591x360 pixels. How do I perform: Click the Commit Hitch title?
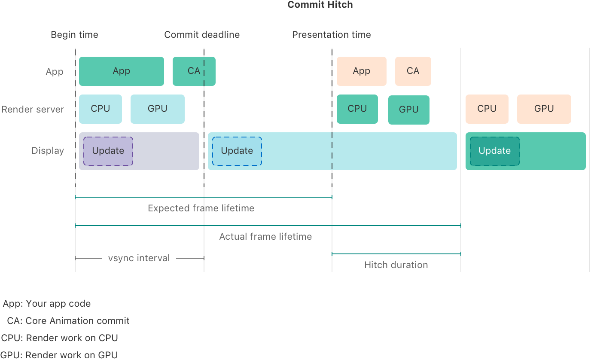(x=320, y=5)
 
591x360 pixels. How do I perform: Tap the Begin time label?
(x=74, y=35)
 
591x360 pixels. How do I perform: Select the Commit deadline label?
(x=202, y=35)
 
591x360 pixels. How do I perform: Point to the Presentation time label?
(x=331, y=35)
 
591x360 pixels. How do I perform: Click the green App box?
(x=121, y=71)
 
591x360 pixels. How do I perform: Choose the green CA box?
(x=194, y=71)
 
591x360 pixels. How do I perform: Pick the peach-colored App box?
(x=361, y=71)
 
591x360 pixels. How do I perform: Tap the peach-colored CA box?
(x=413, y=71)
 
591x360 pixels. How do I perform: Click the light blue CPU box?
(x=100, y=109)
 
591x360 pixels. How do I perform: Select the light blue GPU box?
(x=157, y=109)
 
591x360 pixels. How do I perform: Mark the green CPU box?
(x=357, y=109)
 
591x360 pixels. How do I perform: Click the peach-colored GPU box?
(x=544, y=109)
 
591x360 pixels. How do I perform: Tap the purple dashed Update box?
(x=108, y=151)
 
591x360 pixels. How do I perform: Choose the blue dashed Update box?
(x=237, y=151)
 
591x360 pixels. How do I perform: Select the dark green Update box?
(x=494, y=151)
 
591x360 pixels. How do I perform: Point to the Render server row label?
(x=33, y=110)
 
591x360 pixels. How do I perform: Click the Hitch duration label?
(x=396, y=265)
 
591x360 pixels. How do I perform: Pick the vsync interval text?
(x=139, y=258)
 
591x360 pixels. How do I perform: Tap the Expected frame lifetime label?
(x=201, y=208)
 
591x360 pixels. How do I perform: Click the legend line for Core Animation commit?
(x=68, y=321)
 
